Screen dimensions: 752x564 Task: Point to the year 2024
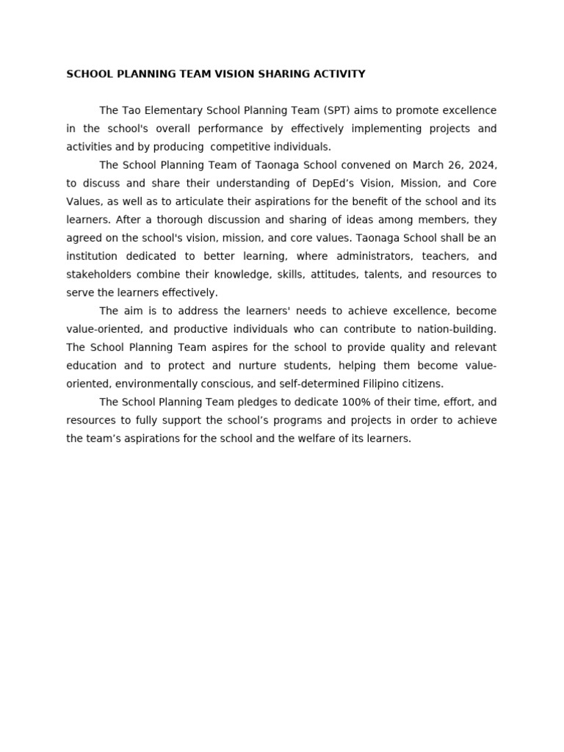tap(483, 165)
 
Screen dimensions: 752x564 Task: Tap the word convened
tap(359, 165)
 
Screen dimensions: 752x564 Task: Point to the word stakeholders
tap(96, 275)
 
